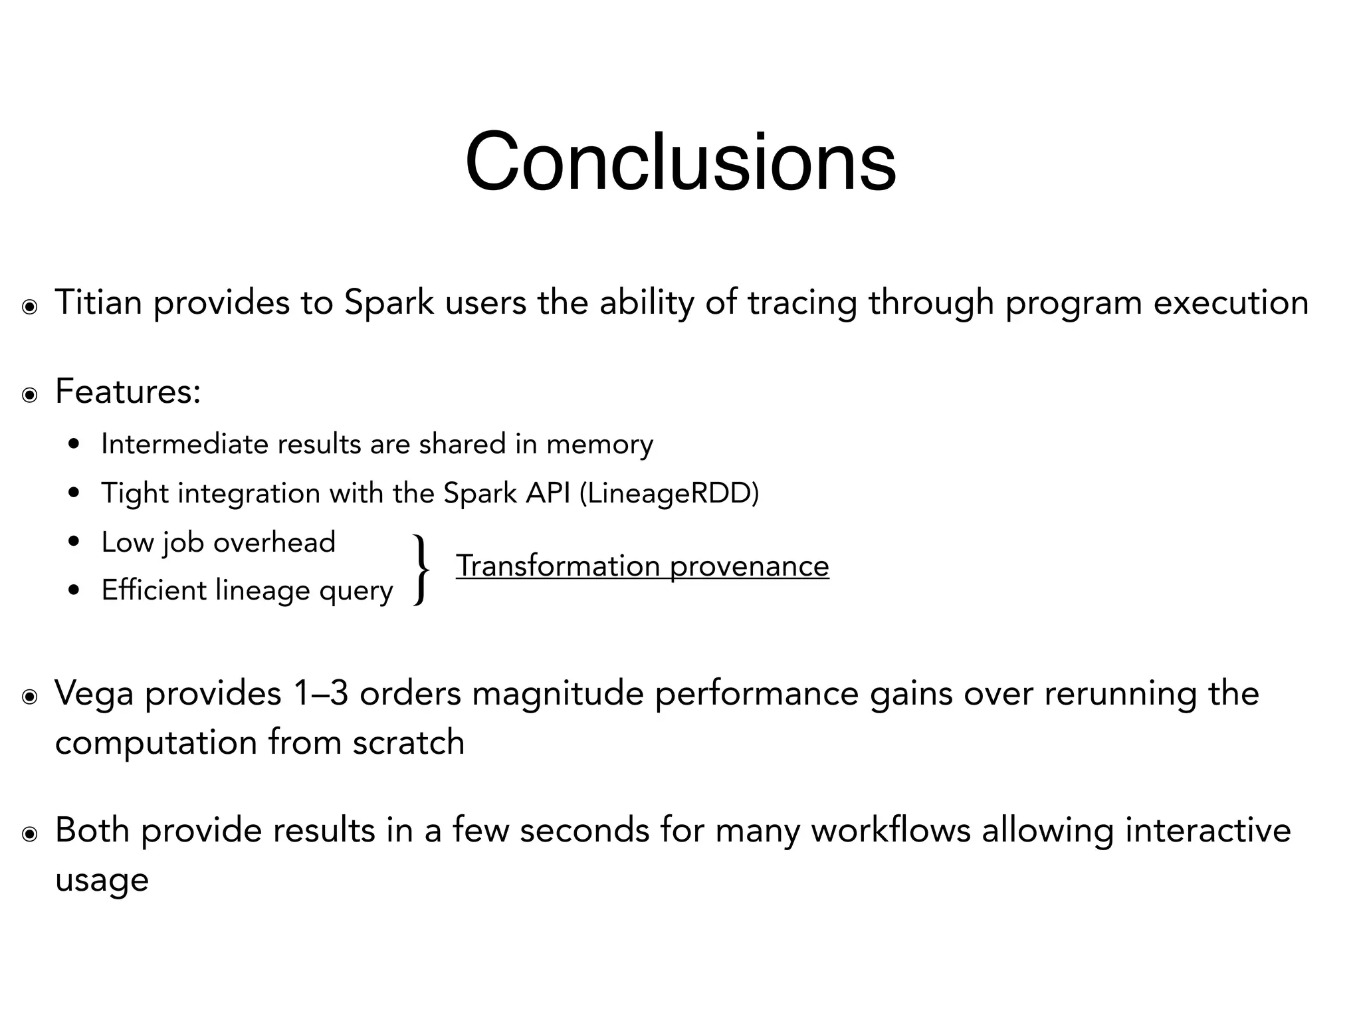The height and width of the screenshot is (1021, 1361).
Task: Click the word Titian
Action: click(x=98, y=302)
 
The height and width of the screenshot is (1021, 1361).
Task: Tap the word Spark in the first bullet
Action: click(x=389, y=302)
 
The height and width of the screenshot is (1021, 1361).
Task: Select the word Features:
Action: click(x=128, y=391)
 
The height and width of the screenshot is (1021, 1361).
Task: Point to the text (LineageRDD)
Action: click(x=669, y=493)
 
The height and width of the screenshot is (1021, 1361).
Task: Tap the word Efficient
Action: click(x=153, y=590)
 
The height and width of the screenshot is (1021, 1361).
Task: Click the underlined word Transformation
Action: click(x=557, y=566)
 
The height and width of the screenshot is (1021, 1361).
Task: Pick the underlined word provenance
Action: click(x=749, y=566)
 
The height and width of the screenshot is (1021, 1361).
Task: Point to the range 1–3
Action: click(x=320, y=693)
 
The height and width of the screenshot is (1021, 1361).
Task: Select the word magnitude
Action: click(x=558, y=693)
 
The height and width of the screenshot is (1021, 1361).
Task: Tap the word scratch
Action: click(x=408, y=742)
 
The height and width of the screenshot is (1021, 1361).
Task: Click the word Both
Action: click(x=92, y=831)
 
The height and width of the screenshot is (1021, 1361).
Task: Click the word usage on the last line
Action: click(x=102, y=881)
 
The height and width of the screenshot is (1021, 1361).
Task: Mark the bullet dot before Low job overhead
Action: click(x=74, y=542)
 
